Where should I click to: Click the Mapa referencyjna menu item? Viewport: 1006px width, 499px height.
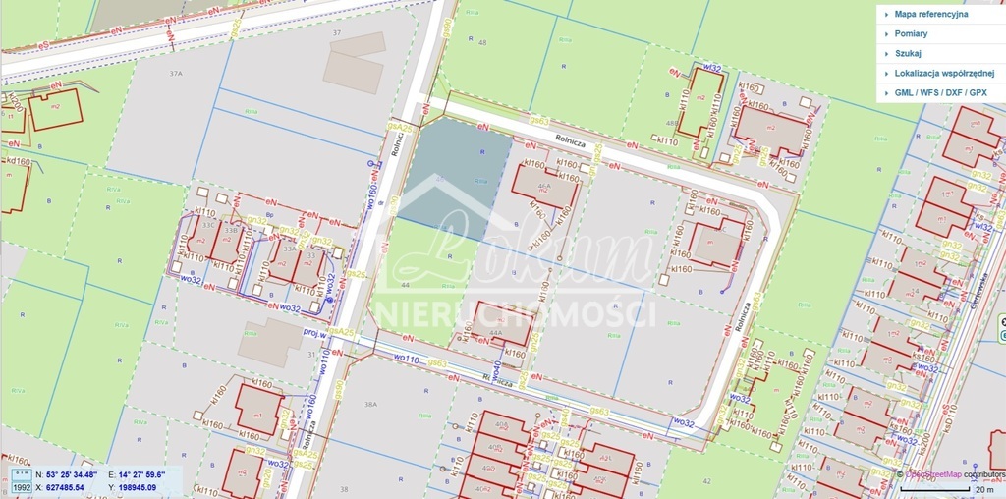pyautogui.click(x=930, y=15)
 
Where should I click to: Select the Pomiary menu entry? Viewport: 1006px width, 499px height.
pyautogui.click(x=911, y=34)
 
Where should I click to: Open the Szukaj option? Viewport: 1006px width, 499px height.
pyautogui.click(x=908, y=54)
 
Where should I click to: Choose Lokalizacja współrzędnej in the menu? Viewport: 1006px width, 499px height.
pyautogui.click(x=944, y=74)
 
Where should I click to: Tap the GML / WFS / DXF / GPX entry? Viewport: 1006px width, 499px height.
pyautogui.click(x=940, y=92)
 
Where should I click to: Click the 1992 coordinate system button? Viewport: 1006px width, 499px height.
pyautogui.click(x=21, y=486)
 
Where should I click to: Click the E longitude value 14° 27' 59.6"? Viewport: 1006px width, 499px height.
pyautogui.click(x=142, y=475)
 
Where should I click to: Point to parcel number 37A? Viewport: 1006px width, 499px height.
pyautogui.click(x=176, y=74)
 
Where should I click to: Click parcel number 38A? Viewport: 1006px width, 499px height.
pyautogui.click(x=370, y=404)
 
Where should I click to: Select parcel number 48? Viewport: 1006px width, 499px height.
pyautogui.click(x=481, y=43)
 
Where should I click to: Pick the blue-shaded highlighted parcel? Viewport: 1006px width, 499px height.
pyautogui.click(x=454, y=177)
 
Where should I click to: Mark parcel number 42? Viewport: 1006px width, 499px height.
pyautogui.click(x=707, y=480)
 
